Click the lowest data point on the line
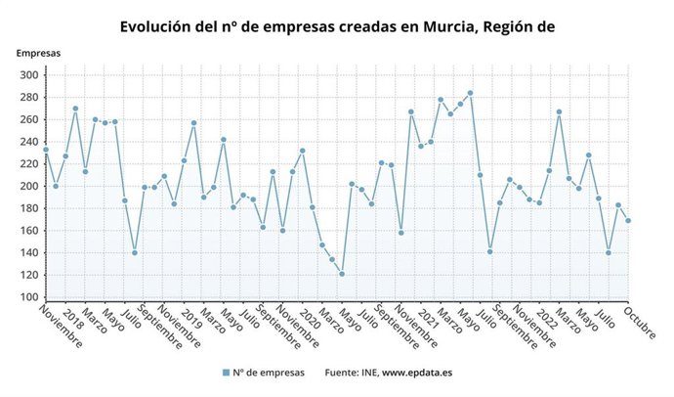pos(342,274)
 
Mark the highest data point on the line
pos(470,93)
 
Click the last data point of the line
pos(628,220)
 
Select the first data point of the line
pos(46,150)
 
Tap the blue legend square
pos(226,373)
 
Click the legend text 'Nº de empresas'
pos(269,373)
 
